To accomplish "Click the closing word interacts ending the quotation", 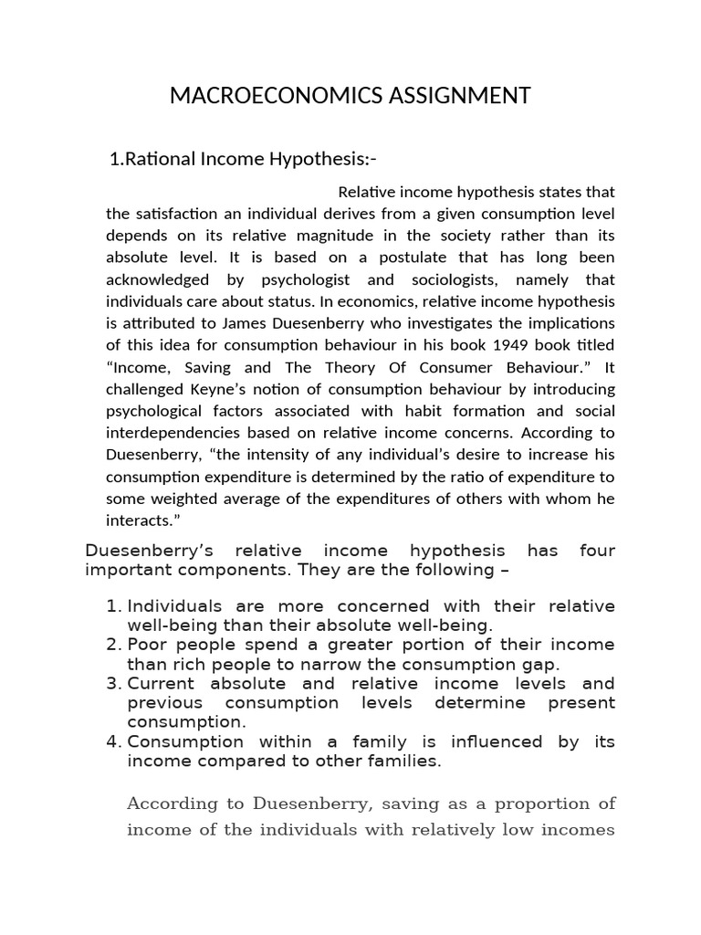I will tap(141, 520).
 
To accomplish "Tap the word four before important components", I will tap(597, 551).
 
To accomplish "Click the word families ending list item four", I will tap(405, 761).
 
